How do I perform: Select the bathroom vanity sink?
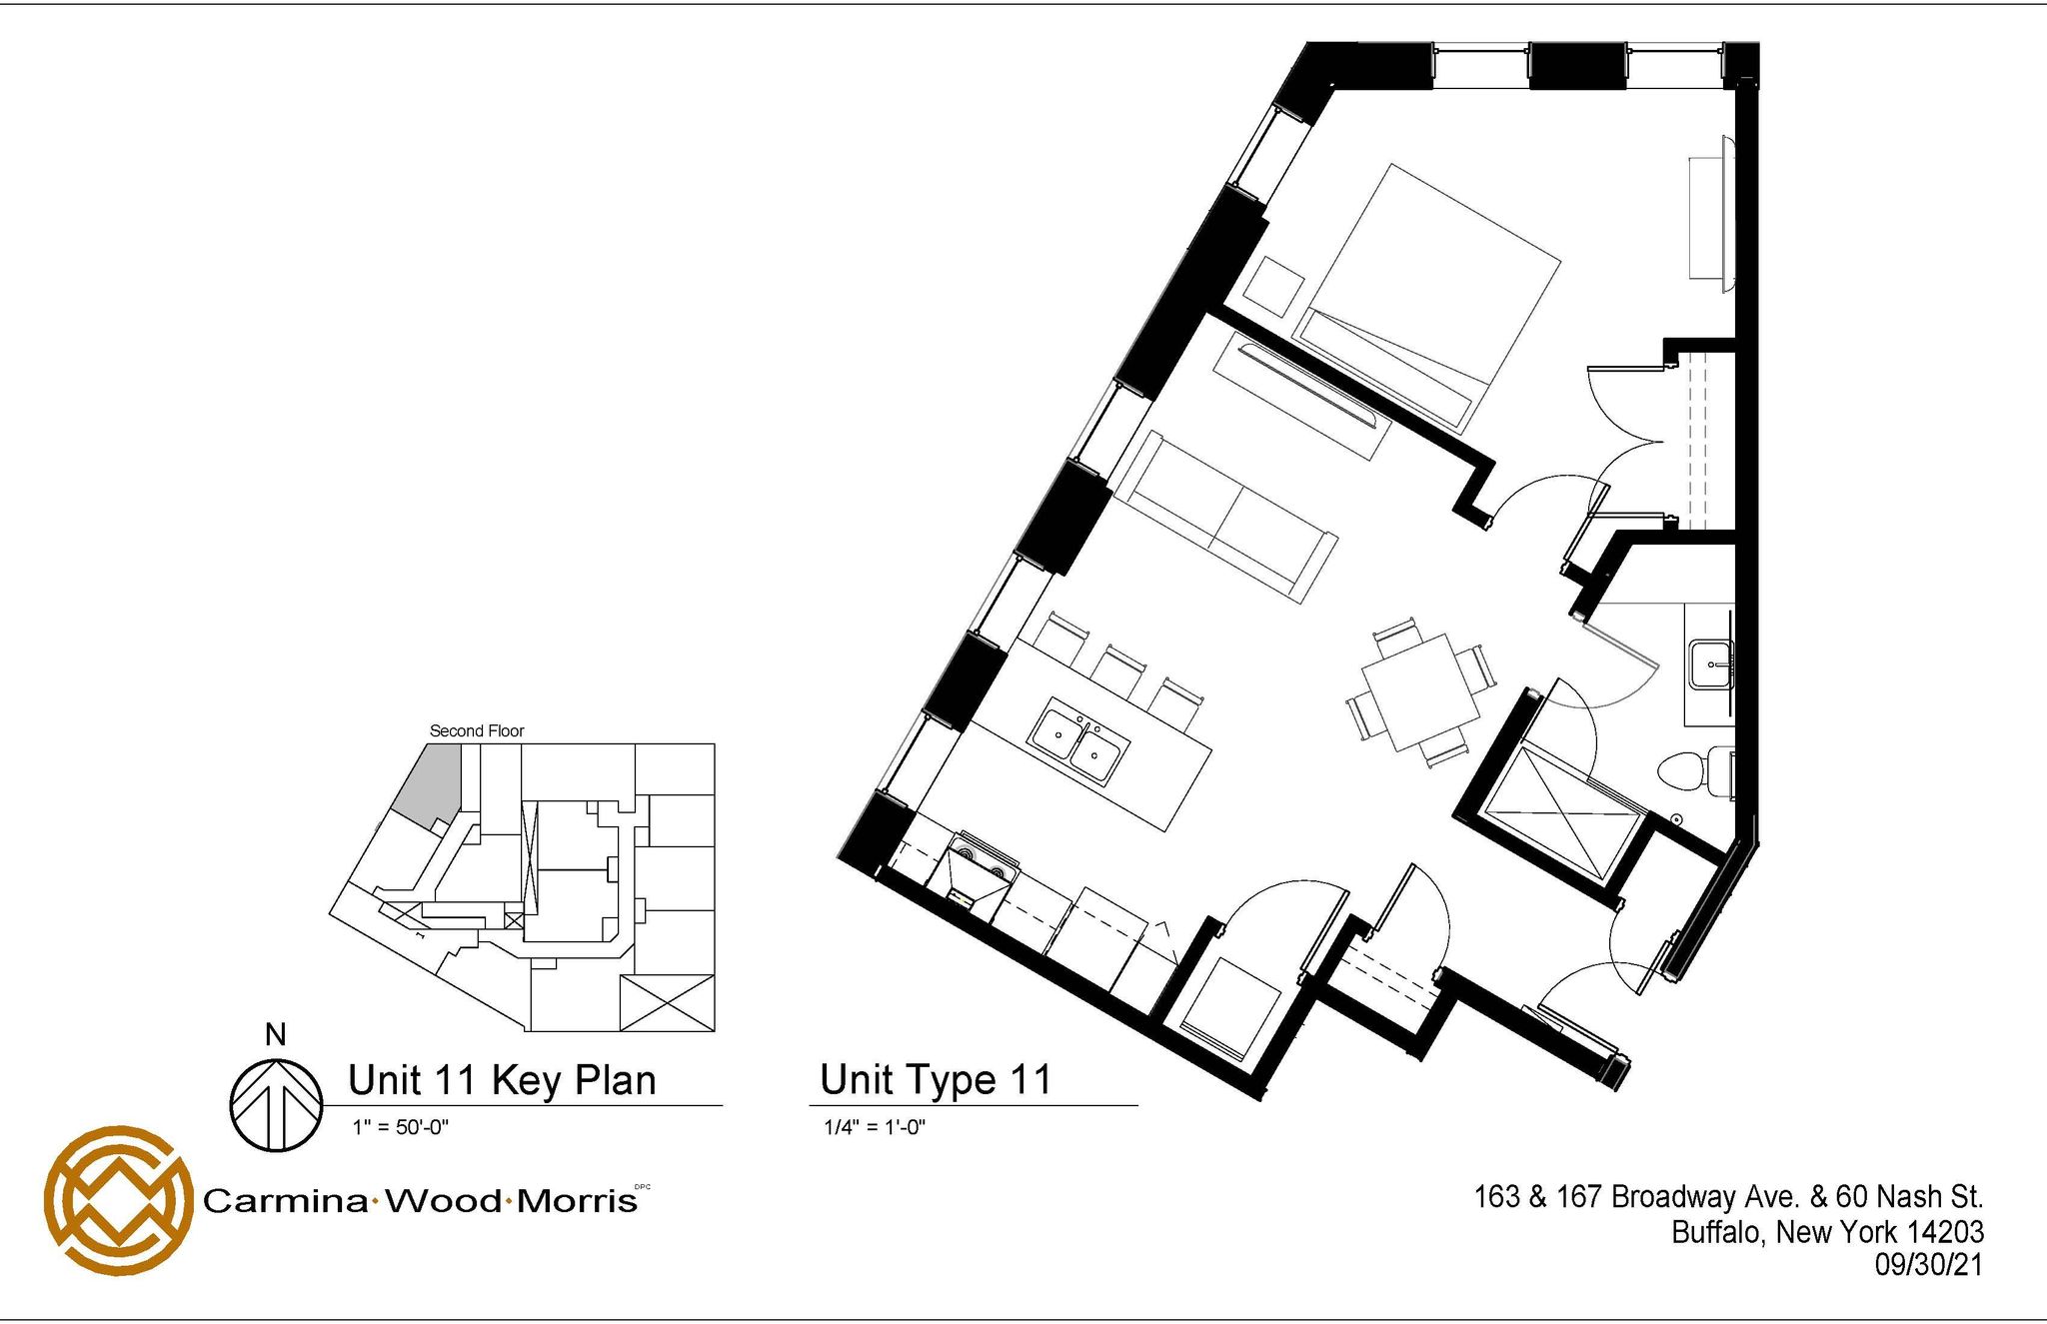(1710, 664)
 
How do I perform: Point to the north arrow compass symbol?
(277, 1104)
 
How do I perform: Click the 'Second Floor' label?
(477, 730)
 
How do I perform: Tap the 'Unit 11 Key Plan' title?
(502, 1080)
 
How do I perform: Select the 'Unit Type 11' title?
(936, 1079)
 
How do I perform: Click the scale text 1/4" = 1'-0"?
(875, 1127)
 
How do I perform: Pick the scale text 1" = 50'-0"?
(401, 1127)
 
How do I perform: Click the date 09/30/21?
(1928, 1264)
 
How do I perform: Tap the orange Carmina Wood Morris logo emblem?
(118, 1200)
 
